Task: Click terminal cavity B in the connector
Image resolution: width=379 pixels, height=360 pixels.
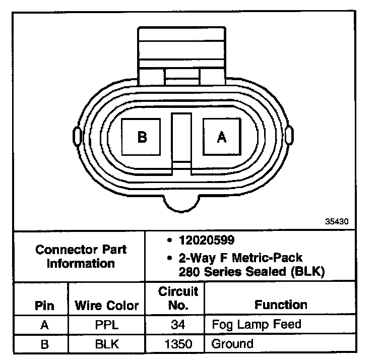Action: click(x=141, y=137)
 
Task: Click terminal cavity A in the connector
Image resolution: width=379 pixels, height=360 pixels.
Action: click(x=222, y=137)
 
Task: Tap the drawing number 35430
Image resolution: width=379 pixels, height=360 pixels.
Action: click(x=337, y=221)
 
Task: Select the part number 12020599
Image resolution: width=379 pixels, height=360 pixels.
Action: click(x=207, y=240)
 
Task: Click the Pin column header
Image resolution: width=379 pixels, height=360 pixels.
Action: click(x=44, y=306)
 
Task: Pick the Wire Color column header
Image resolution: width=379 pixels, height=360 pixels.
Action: click(x=107, y=306)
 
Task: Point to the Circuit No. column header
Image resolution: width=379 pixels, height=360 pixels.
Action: click(x=178, y=298)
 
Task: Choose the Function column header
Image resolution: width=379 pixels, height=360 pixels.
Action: click(x=281, y=305)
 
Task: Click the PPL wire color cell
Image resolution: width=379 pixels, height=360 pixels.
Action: click(x=107, y=325)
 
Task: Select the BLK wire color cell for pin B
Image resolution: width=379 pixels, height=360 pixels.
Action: click(x=107, y=344)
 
